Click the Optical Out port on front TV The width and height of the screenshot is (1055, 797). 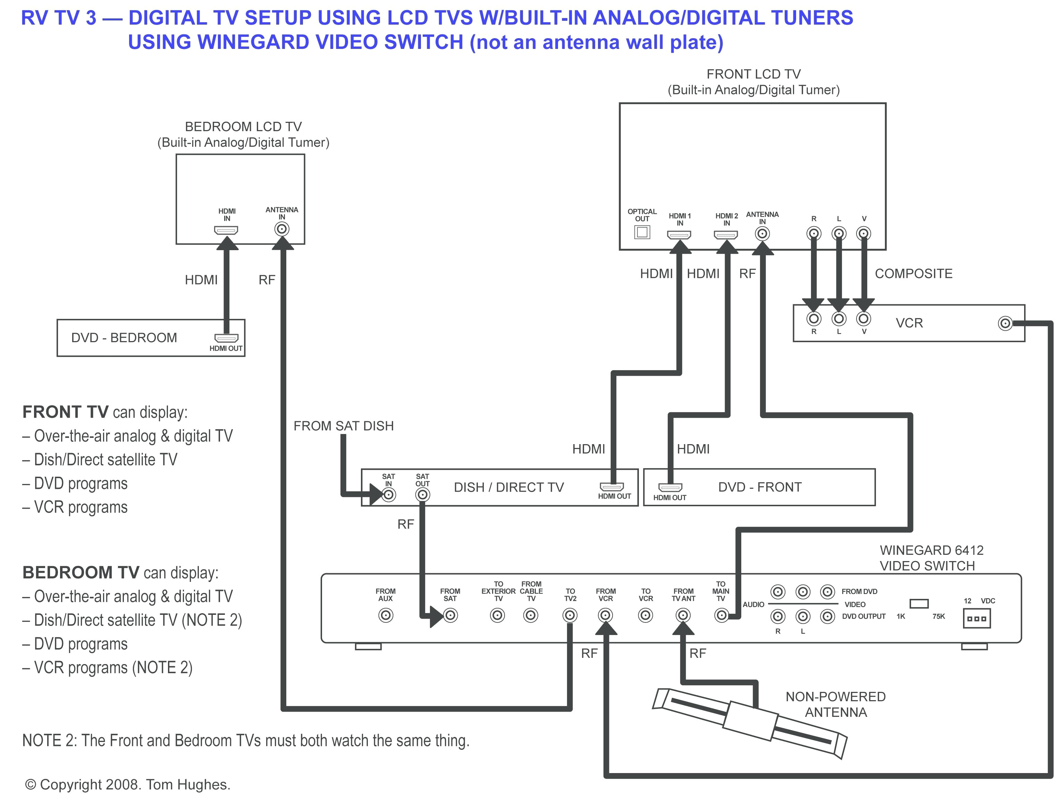tap(642, 232)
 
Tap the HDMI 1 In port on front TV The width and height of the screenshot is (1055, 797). tap(679, 235)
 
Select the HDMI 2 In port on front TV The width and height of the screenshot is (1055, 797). tap(725, 235)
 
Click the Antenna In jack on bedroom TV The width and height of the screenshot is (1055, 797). tap(282, 229)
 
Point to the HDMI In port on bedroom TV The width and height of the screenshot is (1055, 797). tap(226, 230)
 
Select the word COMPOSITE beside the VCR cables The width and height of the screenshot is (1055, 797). tap(913, 274)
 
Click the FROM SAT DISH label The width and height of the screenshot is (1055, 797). tap(344, 426)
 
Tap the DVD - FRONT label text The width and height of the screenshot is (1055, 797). tap(760, 487)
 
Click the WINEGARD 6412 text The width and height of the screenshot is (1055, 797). tap(931, 550)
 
